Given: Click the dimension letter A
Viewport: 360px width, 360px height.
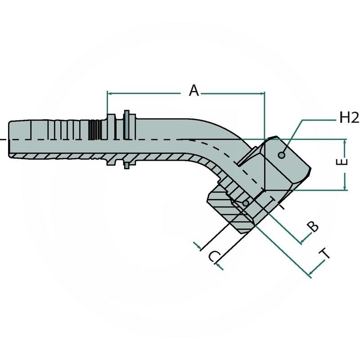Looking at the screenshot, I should tap(193, 91).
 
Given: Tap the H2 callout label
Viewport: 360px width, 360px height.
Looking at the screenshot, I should tap(349, 118).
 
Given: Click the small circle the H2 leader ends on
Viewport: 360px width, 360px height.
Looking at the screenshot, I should tap(282, 155).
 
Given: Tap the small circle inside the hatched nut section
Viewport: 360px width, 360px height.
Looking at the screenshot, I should tap(245, 204).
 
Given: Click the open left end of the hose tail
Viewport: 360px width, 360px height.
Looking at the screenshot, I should tap(9, 139).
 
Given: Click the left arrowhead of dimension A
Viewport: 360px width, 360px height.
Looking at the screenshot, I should tap(109, 94).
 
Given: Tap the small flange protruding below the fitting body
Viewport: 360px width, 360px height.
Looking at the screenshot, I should tap(128, 166).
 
